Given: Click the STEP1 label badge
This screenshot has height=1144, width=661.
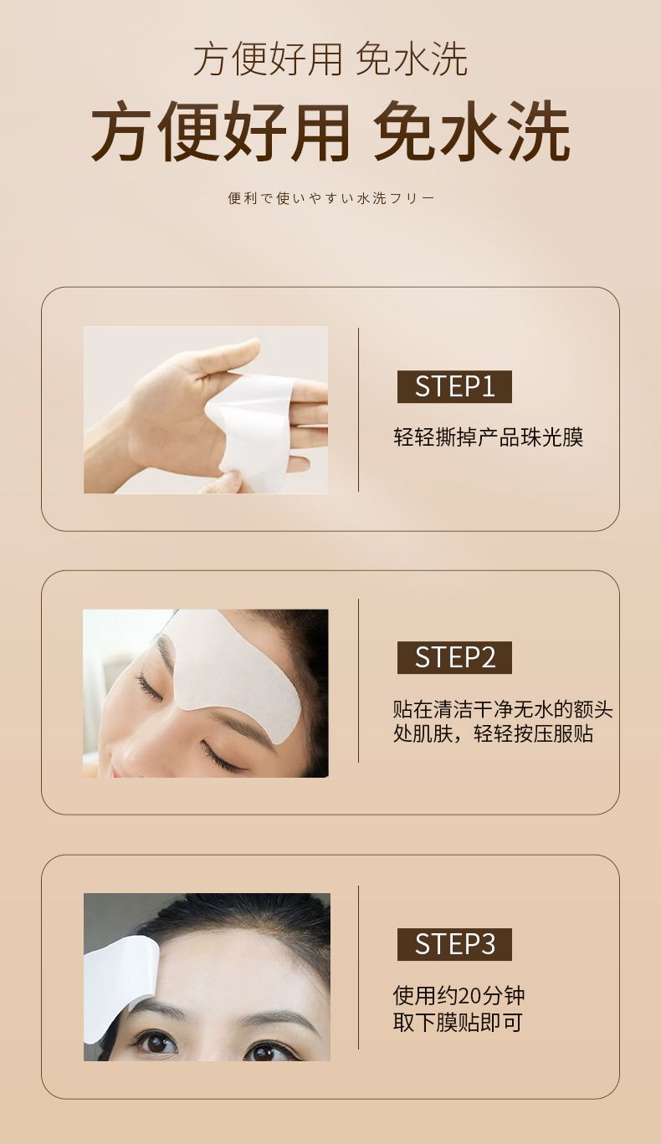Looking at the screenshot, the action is tap(454, 386).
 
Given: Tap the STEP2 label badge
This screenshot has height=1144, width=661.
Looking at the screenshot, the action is tap(454, 657).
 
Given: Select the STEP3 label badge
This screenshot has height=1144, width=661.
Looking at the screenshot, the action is tap(454, 944).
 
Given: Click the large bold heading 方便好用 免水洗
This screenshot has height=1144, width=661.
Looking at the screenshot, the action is tap(330, 130).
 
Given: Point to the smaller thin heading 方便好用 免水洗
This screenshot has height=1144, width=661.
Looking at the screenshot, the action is tap(330, 59).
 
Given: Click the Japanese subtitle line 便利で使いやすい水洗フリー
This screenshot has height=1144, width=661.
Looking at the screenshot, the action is tap(331, 198).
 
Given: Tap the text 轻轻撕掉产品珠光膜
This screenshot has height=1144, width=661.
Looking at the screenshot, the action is tap(489, 437).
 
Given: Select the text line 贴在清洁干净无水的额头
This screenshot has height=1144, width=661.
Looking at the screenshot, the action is tap(503, 709).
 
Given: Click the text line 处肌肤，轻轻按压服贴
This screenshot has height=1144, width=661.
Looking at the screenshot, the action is tap(494, 734).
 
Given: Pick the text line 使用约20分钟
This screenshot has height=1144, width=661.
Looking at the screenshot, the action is tap(459, 995).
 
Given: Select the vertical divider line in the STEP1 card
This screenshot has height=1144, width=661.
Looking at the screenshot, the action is tap(359, 410).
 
